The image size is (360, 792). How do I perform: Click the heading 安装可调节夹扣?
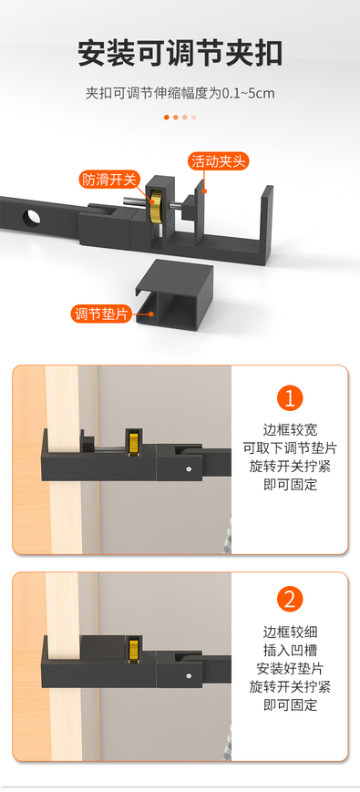pyautogui.click(x=180, y=54)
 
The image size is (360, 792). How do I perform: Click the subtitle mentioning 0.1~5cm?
pyautogui.click(x=180, y=94)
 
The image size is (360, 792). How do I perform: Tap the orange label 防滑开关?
pyautogui.click(x=108, y=179)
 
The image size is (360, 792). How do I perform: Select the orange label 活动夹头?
pyautogui.click(x=219, y=161)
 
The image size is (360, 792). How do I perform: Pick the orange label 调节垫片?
pyautogui.click(x=100, y=314)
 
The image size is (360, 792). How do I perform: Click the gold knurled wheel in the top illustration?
pyautogui.click(x=157, y=207)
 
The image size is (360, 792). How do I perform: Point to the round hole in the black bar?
pyautogui.click(x=31, y=217)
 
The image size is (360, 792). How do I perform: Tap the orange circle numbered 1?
pyautogui.click(x=290, y=398)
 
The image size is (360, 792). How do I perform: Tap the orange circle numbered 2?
pyautogui.click(x=290, y=600)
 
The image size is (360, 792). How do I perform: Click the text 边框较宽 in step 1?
pyautogui.click(x=291, y=430)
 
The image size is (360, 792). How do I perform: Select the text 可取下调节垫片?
pyautogui.click(x=291, y=448)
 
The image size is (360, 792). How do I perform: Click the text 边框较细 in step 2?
pyautogui.click(x=291, y=632)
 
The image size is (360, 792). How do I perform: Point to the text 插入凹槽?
pyautogui.click(x=291, y=650)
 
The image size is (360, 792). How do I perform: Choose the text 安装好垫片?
pyautogui.click(x=291, y=668)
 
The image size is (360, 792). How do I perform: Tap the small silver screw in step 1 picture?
pyautogui.click(x=189, y=468)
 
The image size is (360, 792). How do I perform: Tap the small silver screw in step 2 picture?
pyautogui.click(x=189, y=675)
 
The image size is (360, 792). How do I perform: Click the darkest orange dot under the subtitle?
pyautogui.click(x=167, y=118)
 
